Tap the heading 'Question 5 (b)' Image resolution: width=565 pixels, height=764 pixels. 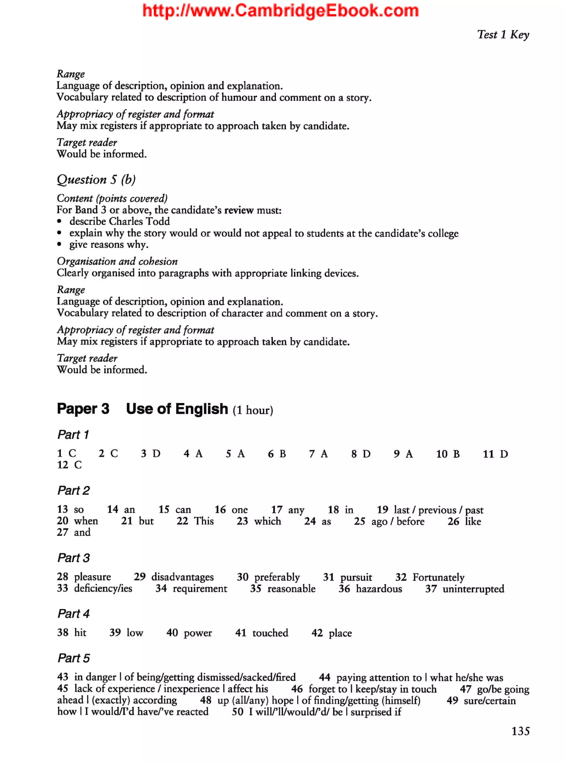click(96, 179)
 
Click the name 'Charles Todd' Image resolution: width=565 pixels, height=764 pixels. click(139, 221)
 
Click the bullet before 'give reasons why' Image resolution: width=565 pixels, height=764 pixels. click(60, 244)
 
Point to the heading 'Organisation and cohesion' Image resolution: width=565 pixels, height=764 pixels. click(117, 261)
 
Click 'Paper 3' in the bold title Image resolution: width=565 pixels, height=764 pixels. click(83, 409)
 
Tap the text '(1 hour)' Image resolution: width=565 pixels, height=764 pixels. click(253, 410)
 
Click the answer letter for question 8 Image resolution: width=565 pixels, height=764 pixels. click(366, 454)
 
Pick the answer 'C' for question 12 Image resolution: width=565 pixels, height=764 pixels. click(78, 465)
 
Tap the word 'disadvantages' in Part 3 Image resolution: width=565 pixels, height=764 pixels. click(182, 577)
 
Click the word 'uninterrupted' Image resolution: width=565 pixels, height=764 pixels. click(473, 589)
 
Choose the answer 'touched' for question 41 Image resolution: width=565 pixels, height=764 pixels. click(270, 633)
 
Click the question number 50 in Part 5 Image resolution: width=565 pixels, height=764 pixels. click(237, 712)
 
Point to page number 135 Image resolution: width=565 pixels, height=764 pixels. click(520, 731)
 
